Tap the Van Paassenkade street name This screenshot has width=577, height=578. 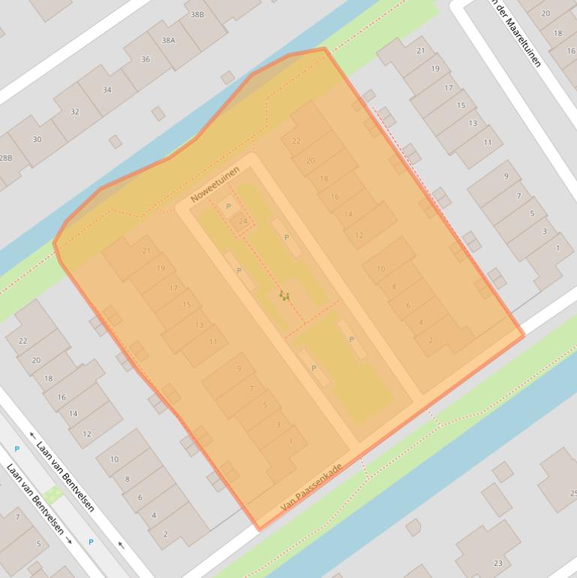pos(311,488)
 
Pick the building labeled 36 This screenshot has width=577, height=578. pos(146,59)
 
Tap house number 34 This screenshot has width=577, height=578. pos(107,90)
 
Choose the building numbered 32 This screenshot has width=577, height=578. pos(74,112)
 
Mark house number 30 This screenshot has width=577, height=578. pos(37,139)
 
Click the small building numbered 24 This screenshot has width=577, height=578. pos(242,221)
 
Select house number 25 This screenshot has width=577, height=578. pos(572,493)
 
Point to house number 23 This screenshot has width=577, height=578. pos(497,562)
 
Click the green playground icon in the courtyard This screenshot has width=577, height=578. pos(284,296)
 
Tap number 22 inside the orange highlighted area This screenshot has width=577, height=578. pos(296,141)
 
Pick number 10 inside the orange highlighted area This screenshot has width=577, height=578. pos(381,269)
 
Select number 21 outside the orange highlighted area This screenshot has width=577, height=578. pos(420,51)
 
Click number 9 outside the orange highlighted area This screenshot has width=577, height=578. pos(506,176)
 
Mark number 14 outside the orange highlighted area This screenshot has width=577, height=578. pos(74,414)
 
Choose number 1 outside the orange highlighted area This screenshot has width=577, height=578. pos(557,248)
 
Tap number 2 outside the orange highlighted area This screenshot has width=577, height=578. pos(165,534)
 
